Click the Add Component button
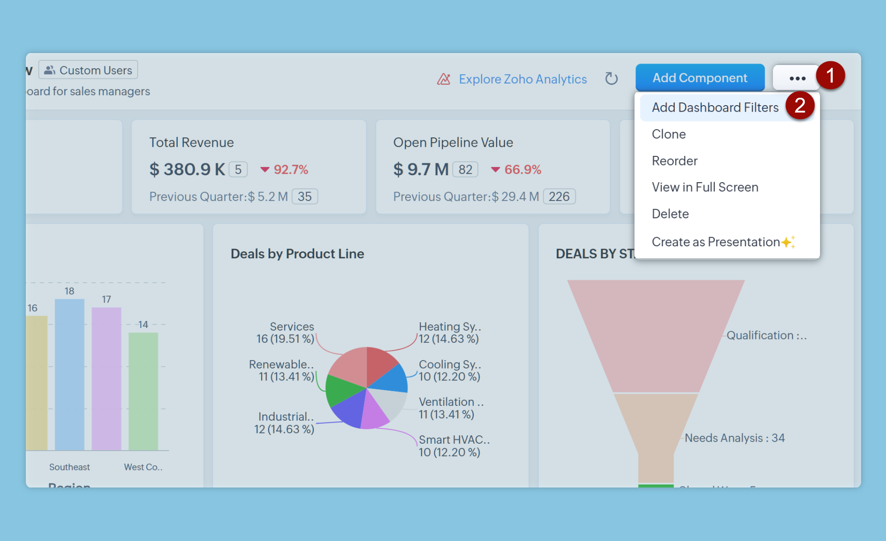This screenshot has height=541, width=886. click(x=700, y=78)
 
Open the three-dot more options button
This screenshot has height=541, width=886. click(x=797, y=78)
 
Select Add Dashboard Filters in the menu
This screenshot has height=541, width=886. click(x=715, y=107)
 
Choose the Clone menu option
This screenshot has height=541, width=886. click(x=669, y=134)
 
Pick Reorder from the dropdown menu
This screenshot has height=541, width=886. click(x=674, y=161)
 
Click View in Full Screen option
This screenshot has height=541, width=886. click(x=705, y=187)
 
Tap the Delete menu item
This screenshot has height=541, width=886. click(x=670, y=214)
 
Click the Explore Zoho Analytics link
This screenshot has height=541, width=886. click(x=522, y=79)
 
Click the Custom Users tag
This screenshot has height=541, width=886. click(x=88, y=70)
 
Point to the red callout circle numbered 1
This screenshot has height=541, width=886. click(x=831, y=76)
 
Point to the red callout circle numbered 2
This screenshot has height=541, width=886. click(x=800, y=106)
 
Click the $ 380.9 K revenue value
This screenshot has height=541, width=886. click(x=187, y=170)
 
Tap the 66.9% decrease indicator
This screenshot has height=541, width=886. click(x=516, y=170)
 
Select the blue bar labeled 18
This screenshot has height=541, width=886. click(x=70, y=374)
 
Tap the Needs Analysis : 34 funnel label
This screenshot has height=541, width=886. click(x=734, y=438)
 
